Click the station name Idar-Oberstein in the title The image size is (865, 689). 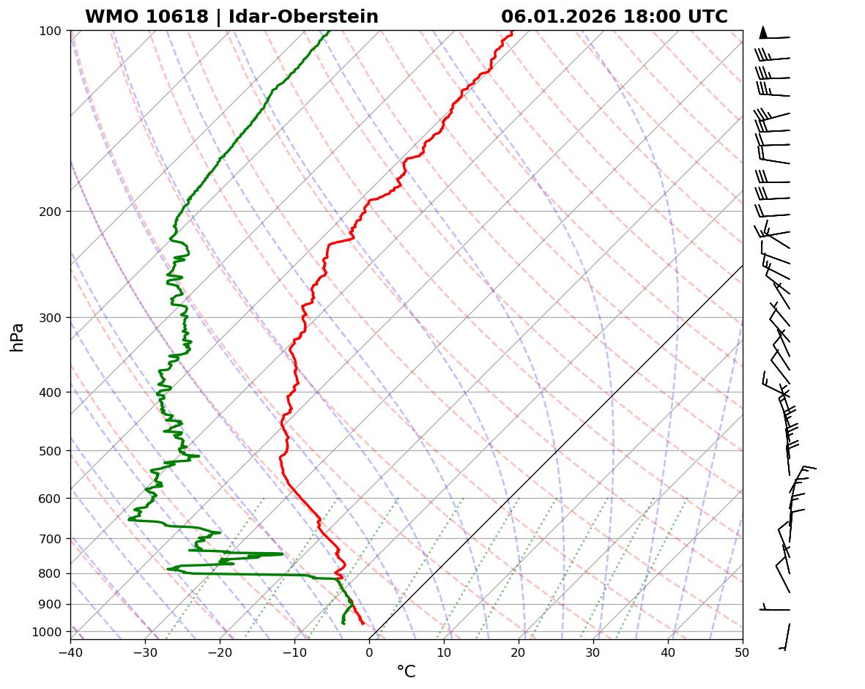[303, 17]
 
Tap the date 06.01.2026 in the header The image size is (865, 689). [558, 17]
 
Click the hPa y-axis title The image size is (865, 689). [17, 337]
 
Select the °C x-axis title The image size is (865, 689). [406, 671]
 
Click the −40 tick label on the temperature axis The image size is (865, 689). [70, 649]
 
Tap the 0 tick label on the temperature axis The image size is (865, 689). [369, 649]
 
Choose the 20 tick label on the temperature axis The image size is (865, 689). [519, 649]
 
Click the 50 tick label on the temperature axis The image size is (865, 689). [743, 649]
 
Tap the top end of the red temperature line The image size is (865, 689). [512, 31]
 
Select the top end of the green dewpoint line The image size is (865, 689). [329, 31]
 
